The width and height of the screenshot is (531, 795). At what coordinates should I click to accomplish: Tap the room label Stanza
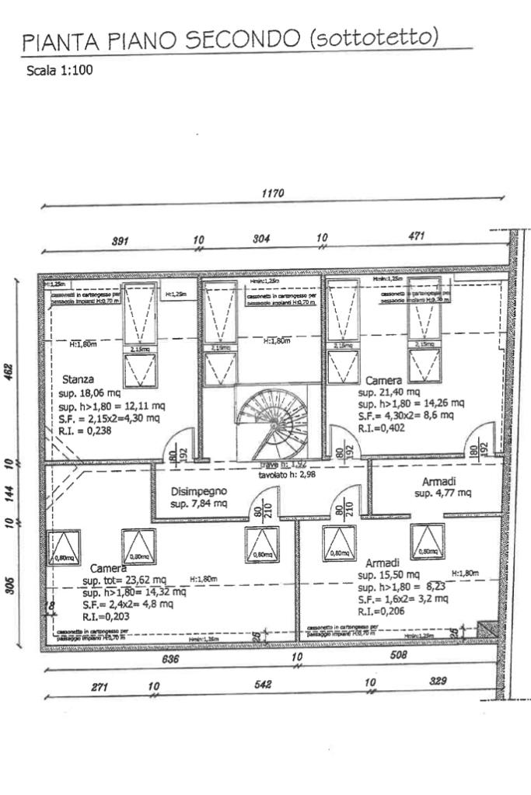pos(78,380)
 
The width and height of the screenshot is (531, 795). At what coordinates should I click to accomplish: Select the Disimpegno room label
pos(199,491)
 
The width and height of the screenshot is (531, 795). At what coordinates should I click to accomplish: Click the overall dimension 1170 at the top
pos(273,194)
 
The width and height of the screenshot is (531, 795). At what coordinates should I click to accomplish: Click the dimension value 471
pos(416,236)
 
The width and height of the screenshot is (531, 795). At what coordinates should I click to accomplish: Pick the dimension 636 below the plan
pos(170,659)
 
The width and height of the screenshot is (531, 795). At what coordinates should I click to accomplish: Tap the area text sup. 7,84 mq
pos(199,504)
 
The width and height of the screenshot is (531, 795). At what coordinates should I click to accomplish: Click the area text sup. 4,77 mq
pos(442,493)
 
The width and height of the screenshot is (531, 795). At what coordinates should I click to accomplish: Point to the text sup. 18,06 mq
pos(89,393)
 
